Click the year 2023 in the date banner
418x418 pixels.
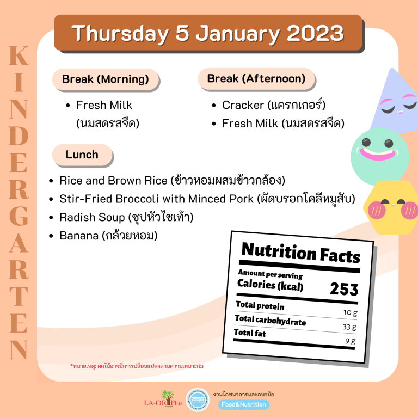315,33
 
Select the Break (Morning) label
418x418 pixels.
106,79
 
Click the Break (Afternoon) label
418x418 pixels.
256,79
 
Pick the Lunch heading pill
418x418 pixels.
82,155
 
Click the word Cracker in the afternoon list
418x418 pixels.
243,105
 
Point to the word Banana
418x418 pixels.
79,236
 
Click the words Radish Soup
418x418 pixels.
92,217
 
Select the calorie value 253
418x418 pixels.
344,289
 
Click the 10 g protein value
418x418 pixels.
351,312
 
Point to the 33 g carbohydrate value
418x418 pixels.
349,327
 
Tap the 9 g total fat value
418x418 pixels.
351,341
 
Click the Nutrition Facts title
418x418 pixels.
300,253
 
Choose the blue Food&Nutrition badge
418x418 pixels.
244,404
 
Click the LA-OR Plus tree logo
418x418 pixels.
163,399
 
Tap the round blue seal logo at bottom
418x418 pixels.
198,399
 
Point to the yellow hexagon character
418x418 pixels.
391,208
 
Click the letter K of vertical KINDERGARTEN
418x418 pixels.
19,56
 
